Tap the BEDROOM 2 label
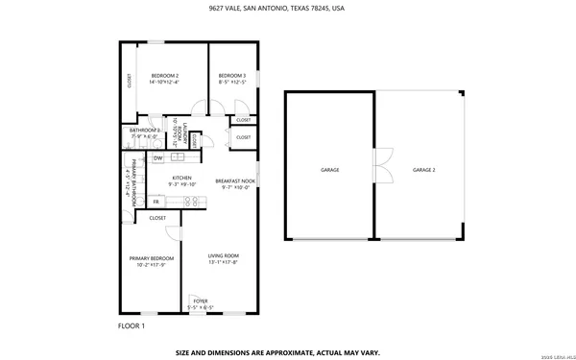click(165, 79)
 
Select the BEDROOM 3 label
click(231, 79)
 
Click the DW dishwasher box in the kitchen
click(157, 157)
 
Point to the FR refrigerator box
click(156, 202)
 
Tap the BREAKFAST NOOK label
click(235, 183)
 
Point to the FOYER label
click(200, 303)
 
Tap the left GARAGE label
click(329, 170)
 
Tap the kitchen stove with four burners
click(190, 202)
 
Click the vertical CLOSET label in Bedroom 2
click(130, 82)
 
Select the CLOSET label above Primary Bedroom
click(157, 218)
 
